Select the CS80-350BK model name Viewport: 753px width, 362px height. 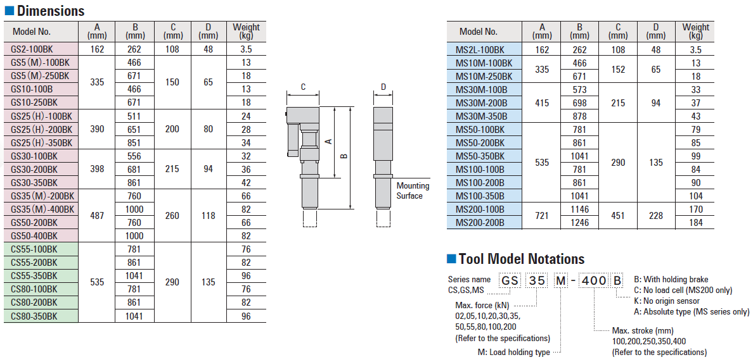34,316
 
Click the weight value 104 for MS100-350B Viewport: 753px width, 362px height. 695,196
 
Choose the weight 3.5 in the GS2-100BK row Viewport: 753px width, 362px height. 246,49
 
